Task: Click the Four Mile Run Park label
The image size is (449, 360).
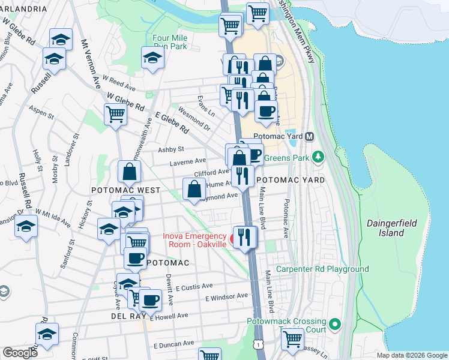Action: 170,42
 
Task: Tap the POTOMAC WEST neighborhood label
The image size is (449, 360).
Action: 125,190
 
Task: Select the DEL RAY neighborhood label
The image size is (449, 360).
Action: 125,316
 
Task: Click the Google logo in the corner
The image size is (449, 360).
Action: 20,352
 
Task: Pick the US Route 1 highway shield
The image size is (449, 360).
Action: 259,344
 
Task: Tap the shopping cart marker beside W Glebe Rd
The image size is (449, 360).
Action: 115,113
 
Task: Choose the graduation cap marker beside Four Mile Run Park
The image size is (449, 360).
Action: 152,58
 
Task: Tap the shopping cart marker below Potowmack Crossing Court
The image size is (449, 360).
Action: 292,338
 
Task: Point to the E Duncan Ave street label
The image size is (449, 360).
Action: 174,344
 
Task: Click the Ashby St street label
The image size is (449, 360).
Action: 170,149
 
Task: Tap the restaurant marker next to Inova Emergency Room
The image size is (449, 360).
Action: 243,237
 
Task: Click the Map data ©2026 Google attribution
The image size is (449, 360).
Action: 411,355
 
